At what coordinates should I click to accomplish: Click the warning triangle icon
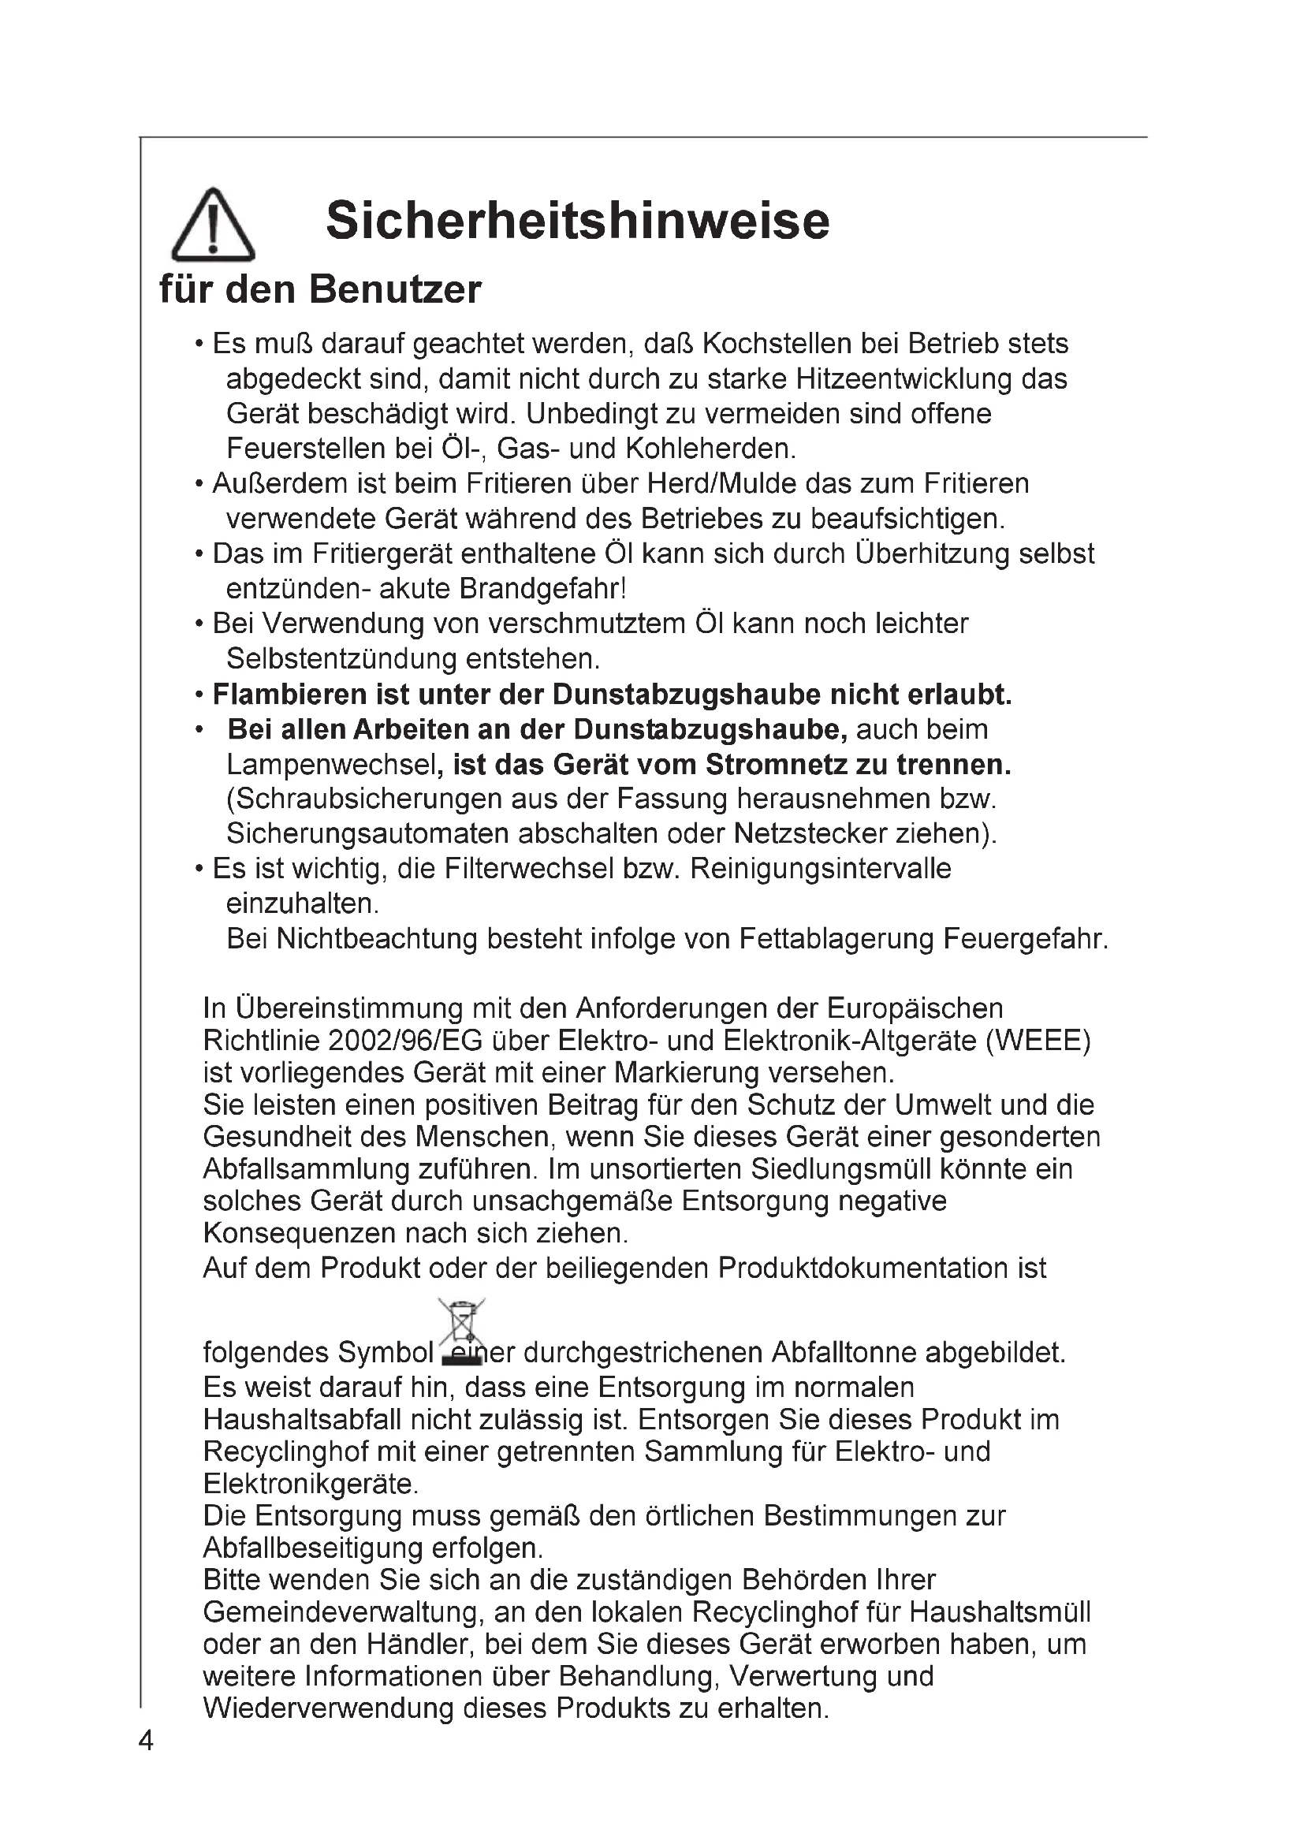click(214, 225)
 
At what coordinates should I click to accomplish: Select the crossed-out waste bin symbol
click(462, 1331)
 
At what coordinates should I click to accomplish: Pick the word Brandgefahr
click(542, 589)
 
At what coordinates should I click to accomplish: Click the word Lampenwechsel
click(330, 765)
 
